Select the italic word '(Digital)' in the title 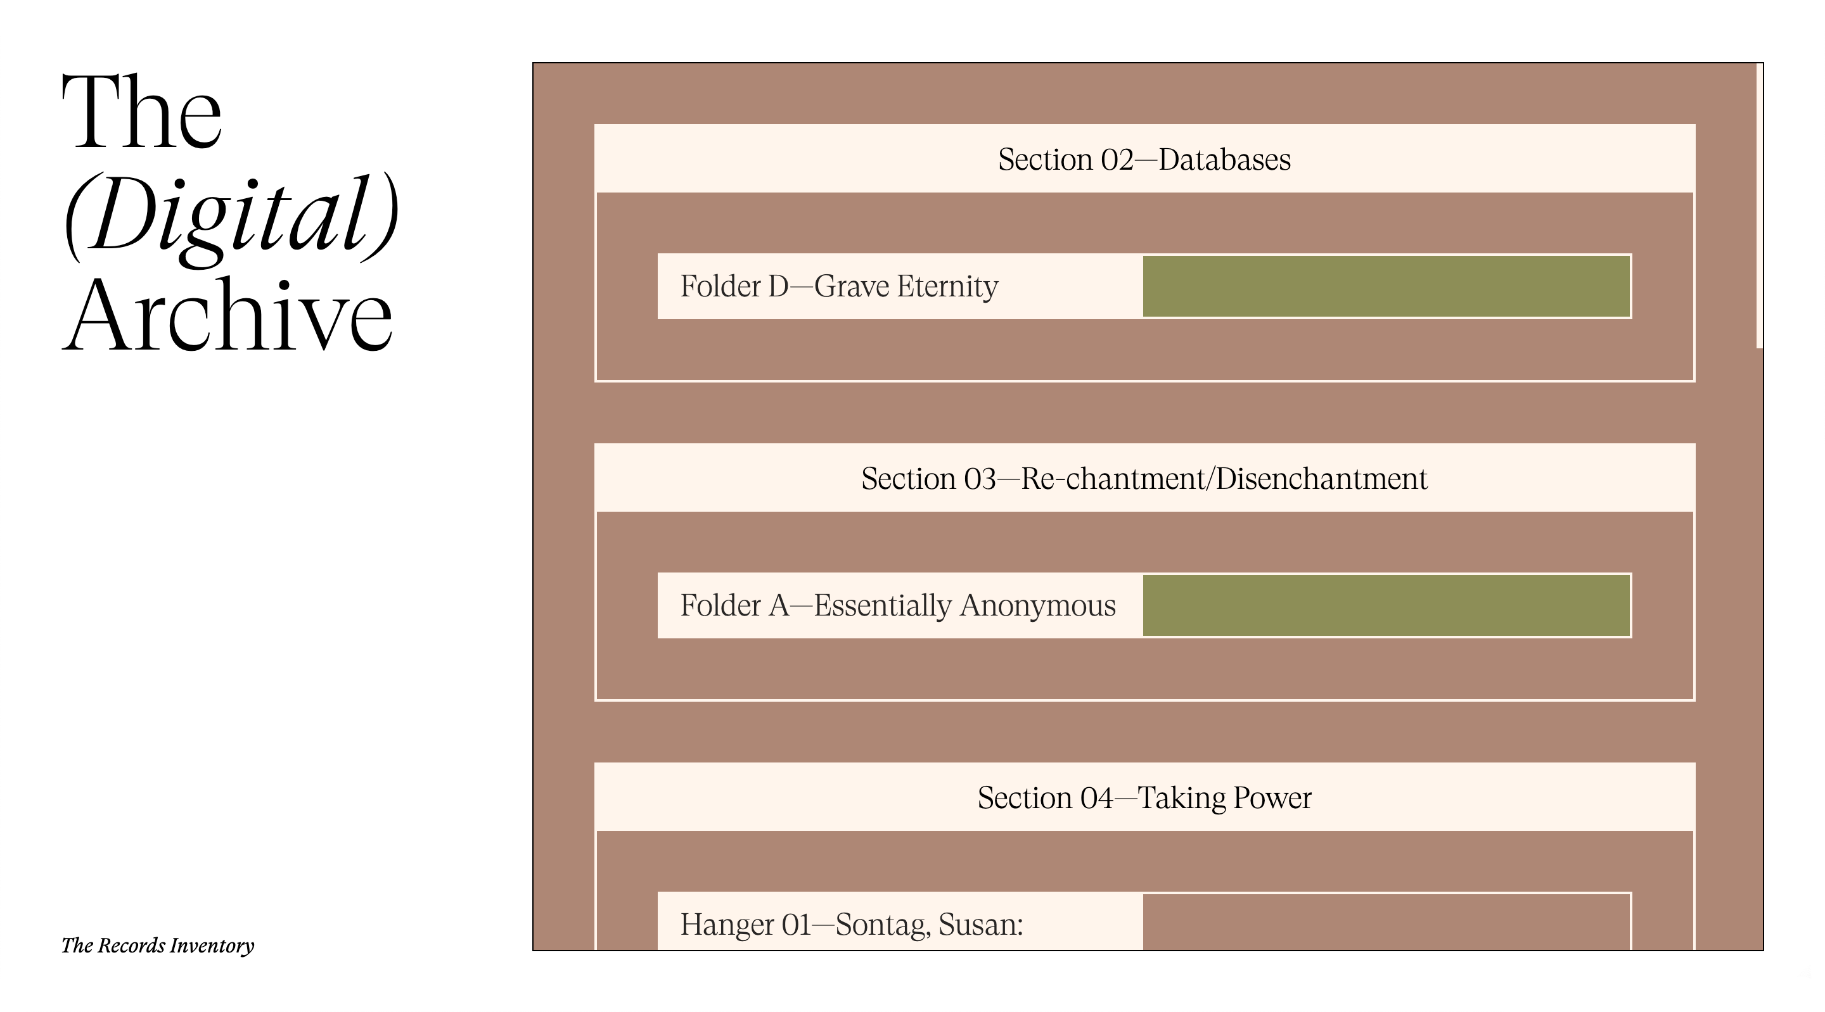point(231,215)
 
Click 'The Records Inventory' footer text point(157,946)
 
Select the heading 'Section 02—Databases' point(1144,160)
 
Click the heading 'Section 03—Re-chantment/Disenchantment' point(1144,479)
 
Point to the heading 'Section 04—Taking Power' point(1144,798)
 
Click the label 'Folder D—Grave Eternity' point(839,286)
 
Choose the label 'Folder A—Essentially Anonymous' point(898,605)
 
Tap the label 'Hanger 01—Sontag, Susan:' point(852,925)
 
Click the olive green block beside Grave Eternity point(1386,286)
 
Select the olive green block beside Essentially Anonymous point(1386,605)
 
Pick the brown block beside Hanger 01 point(1386,921)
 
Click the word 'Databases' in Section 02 point(1225,160)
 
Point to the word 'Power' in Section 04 point(1272,798)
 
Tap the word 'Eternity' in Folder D point(947,287)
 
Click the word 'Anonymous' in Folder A point(1038,606)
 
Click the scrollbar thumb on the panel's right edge point(1759,206)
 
